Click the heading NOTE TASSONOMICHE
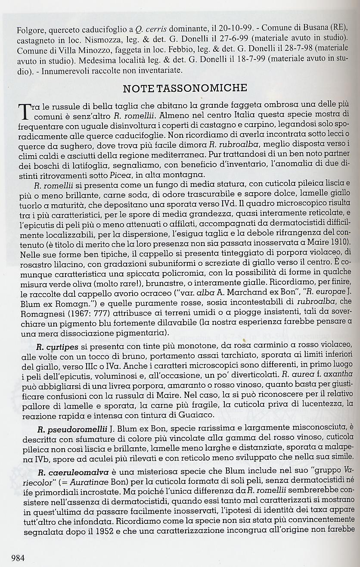[x=185, y=88]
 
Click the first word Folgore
[x=31, y=31]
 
